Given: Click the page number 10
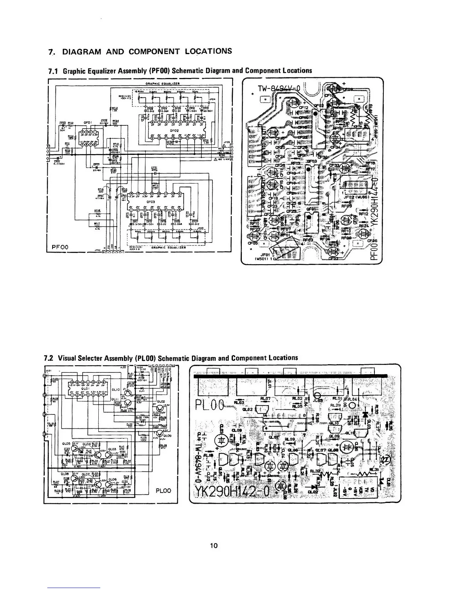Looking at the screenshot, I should pos(213,546).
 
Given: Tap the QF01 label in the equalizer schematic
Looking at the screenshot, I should pos(88,121).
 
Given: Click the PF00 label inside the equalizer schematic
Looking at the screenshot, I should pos(60,247).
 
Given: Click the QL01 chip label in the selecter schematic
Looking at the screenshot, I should pos(87,388).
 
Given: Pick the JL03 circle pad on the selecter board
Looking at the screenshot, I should pos(318,397).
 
